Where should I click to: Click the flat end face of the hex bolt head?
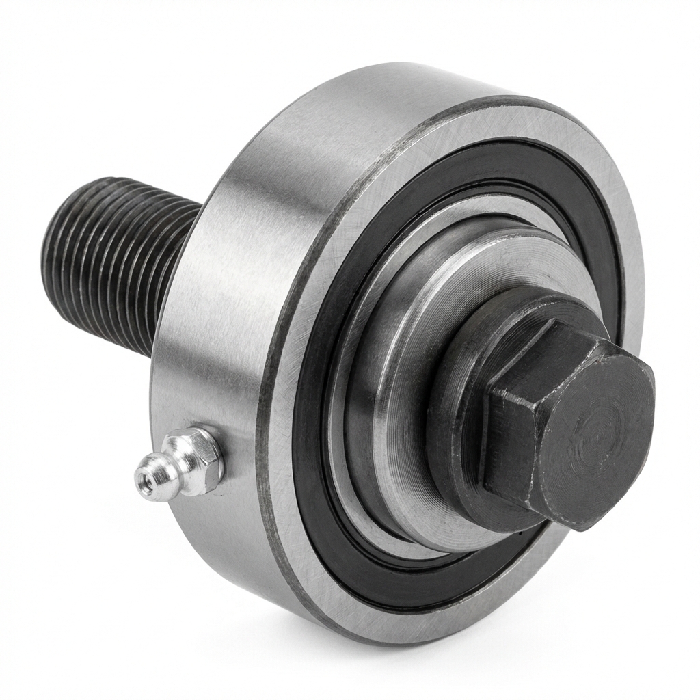coord(581,431)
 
